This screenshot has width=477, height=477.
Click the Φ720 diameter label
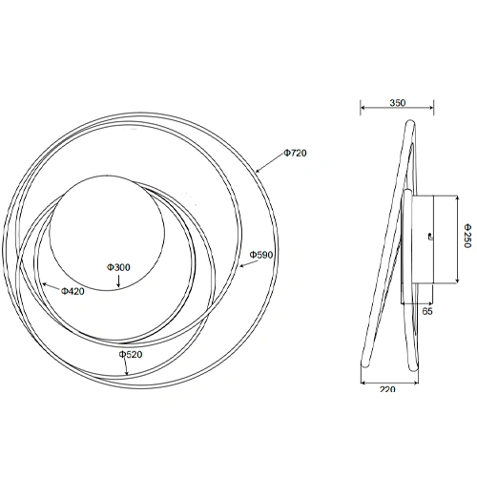tap(297, 153)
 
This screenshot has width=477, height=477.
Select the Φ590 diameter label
tap(261, 255)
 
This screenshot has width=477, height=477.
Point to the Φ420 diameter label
tap(73, 290)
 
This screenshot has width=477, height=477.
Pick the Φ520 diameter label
tap(131, 354)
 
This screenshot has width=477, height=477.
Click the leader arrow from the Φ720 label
tap(268, 164)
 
